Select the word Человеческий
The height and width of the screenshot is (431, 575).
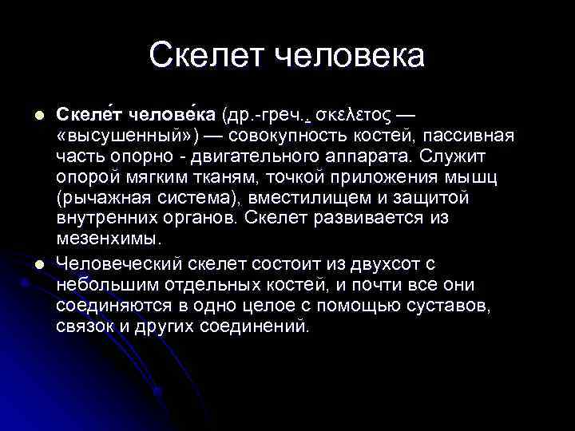[120, 263]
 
